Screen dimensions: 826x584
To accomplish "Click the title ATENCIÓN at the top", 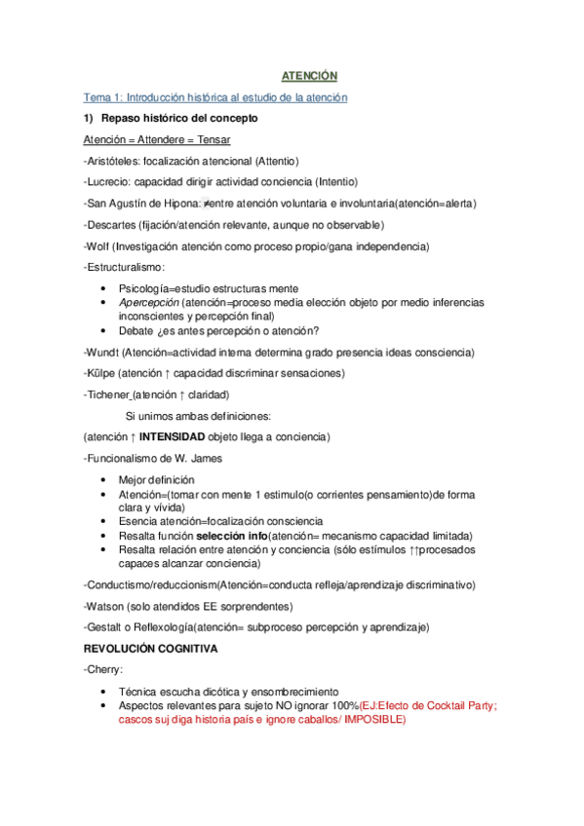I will (x=309, y=75).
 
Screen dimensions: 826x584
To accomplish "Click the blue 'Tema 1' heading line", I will (x=215, y=97).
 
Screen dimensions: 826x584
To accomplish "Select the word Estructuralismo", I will (x=126, y=267).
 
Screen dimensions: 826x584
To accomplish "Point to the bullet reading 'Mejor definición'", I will (x=156, y=480).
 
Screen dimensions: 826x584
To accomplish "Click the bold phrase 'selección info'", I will (x=231, y=536).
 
